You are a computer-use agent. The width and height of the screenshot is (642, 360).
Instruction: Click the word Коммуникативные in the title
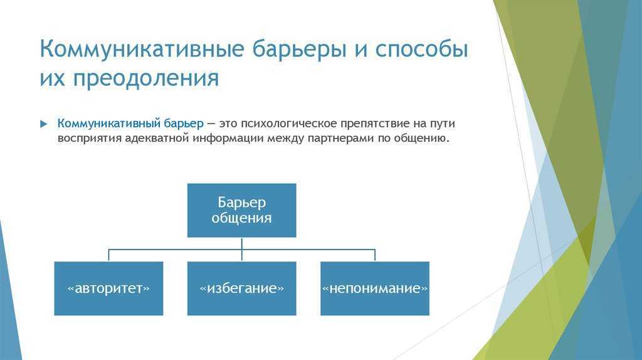coord(142,49)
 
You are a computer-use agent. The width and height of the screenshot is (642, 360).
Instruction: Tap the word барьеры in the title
coord(300,49)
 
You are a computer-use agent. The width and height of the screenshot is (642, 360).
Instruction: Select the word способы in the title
coord(421,49)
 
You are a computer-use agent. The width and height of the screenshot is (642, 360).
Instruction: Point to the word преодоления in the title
coord(146,78)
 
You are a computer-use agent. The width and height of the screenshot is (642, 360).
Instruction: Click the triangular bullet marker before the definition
coord(44,124)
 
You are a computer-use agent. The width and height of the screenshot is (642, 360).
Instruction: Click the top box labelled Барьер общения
coord(241,210)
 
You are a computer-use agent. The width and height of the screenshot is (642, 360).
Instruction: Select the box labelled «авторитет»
coord(108,289)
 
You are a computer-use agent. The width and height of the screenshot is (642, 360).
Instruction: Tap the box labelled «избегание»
coord(241,289)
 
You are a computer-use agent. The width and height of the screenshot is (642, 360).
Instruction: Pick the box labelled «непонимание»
coord(375,289)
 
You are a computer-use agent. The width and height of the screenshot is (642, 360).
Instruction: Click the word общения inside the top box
coord(241,218)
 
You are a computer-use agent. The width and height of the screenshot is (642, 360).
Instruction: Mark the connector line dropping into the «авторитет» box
coord(108,255)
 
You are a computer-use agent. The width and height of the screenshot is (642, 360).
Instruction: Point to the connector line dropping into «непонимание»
coord(375,255)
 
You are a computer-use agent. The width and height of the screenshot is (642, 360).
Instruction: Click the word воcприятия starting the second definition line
coord(89,138)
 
